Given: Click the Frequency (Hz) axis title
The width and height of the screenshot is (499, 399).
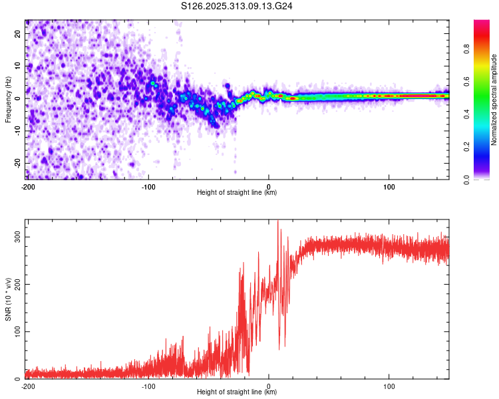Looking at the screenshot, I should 8,99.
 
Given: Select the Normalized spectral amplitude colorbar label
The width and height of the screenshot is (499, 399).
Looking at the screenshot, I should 494,100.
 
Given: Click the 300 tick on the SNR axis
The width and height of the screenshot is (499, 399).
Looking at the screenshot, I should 16,237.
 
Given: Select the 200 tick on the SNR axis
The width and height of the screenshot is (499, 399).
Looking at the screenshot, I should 16,284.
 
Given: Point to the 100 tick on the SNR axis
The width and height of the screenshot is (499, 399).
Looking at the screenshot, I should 16,331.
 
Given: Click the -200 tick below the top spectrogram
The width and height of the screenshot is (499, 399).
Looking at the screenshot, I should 27,187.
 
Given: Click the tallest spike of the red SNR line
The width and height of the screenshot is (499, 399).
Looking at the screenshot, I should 278,221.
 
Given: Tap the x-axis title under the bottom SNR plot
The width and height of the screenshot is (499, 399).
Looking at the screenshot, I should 237,393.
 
